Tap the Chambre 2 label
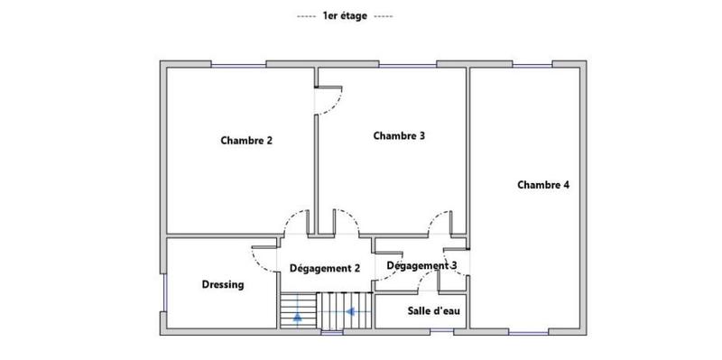[246, 141]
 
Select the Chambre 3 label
[399, 135]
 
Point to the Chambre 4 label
[543, 185]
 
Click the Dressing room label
[222, 284]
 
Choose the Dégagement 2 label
[325, 268]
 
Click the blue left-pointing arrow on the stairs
[352, 312]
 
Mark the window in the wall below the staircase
[332, 332]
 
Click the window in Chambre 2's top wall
[240, 65]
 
